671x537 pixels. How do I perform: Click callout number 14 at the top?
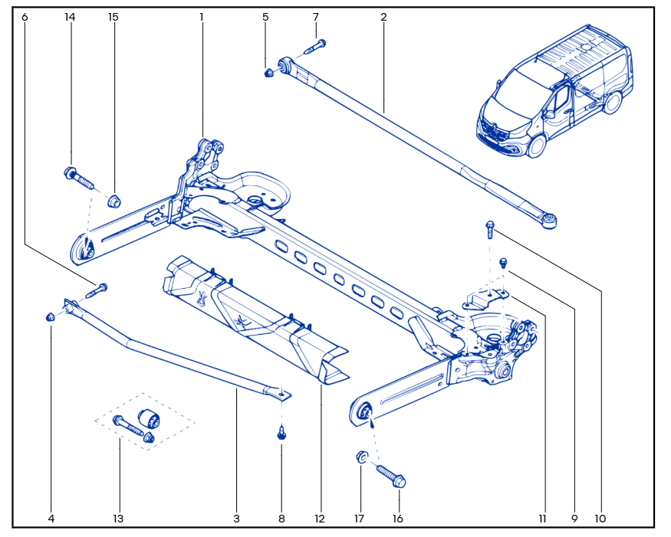tap(71, 16)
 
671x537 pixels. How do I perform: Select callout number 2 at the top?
tap(383, 16)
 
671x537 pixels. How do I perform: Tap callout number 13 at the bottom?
tap(118, 519)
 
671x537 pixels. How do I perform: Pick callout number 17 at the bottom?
tap(361, 519)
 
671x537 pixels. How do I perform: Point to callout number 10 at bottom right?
tap(600, 519)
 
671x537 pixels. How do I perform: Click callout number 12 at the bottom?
tap(319, 519)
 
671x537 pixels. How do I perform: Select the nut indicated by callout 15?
tap(113, 201)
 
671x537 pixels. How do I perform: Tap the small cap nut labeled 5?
tap(269, 74)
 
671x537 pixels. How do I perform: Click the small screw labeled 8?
tap(282, 434)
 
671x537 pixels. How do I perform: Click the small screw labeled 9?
tap(504, 263)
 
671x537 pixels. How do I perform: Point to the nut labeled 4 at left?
tap(51, 316)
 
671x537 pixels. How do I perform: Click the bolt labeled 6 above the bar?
tap(97, 291)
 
